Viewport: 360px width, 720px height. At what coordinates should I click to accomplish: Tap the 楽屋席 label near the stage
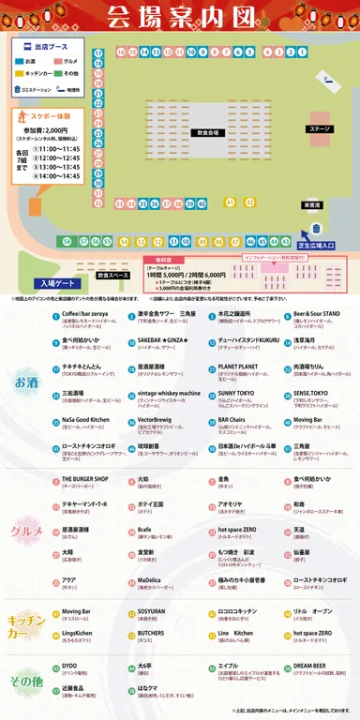(310, 204)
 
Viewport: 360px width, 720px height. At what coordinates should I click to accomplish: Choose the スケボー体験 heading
(42, 114)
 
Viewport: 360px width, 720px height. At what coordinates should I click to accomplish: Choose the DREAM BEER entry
(310, 667)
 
